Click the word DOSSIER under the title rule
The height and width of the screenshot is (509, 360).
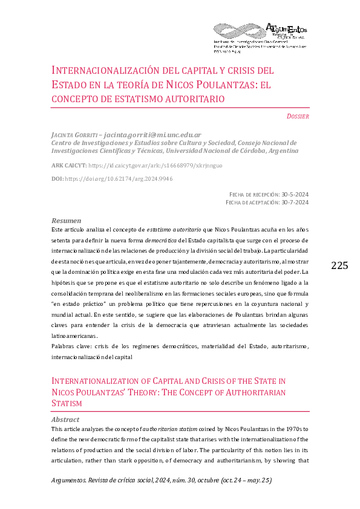point(298,116)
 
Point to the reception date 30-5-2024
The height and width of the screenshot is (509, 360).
point(295,195)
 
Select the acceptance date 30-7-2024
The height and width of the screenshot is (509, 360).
point(295,203)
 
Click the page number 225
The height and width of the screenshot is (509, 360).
point(340,265)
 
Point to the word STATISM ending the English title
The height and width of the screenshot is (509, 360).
point(67,403)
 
